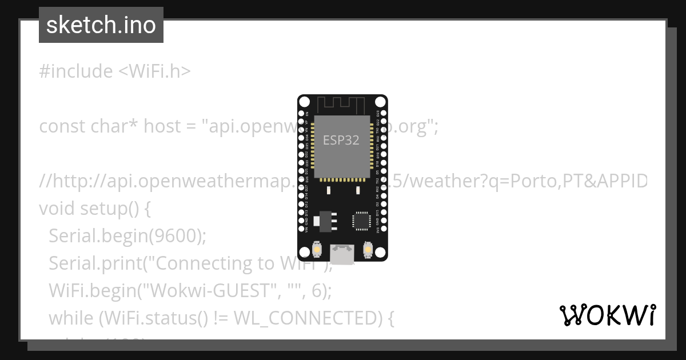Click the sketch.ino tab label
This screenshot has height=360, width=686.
point(101,25)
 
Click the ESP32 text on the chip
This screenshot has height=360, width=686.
point(341,140)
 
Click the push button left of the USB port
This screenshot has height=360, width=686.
point(317,250)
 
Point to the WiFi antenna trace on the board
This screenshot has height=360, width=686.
point(342,105)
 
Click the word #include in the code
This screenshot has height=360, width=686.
point(76,71)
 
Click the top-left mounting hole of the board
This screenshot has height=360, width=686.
point(305,102)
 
